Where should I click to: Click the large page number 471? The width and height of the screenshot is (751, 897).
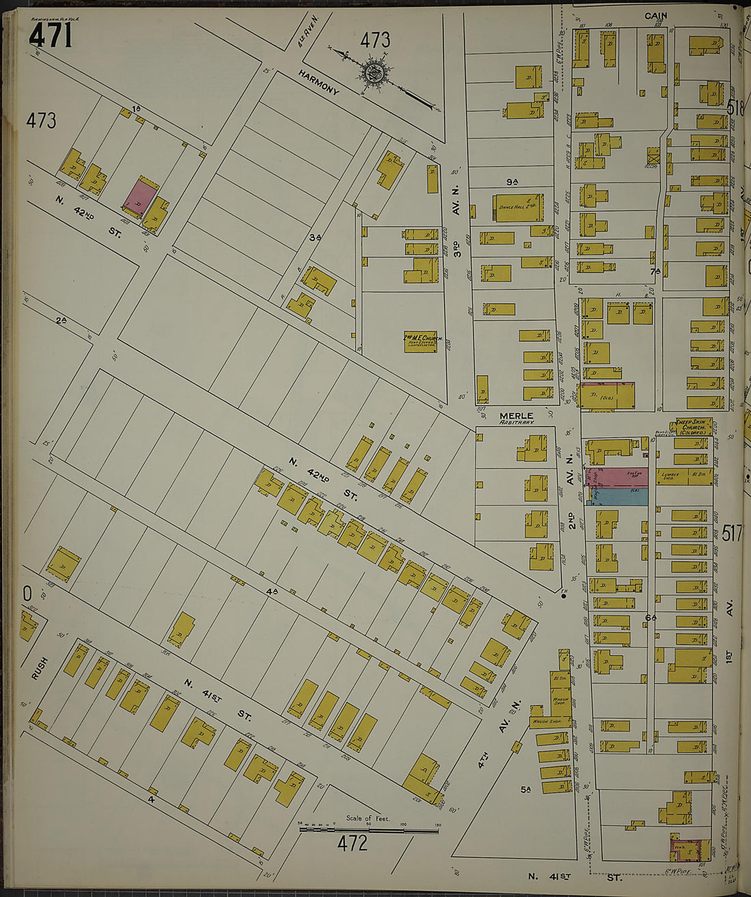click(51, 36)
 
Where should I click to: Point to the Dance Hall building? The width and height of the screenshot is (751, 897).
click(520, 208)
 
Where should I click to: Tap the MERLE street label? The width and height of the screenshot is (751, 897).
click(516, 415)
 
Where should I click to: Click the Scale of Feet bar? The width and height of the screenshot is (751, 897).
click(369, 829)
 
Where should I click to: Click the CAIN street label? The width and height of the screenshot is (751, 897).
click(655, 15)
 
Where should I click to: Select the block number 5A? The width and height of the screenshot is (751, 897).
click(526, 790)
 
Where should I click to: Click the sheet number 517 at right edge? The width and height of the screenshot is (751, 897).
click(731, 534)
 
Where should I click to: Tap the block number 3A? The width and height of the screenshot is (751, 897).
click(315, 237)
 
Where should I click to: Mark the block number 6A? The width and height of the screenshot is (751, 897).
click(651, 618)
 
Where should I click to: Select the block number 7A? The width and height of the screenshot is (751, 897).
click(655, 271)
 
